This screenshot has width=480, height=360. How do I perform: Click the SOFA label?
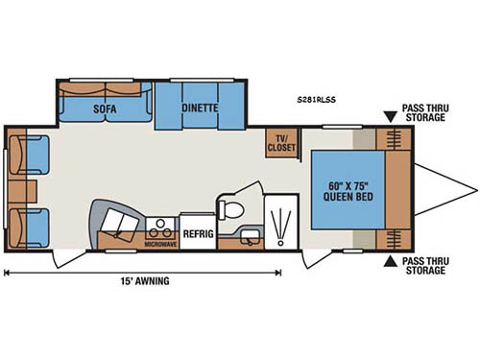click(x=105, y=108)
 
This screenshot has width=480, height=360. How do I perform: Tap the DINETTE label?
click(x=200, y=108)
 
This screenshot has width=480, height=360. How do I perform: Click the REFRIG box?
click(x=197, y=230)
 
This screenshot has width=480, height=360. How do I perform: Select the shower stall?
click(x=280, y=224)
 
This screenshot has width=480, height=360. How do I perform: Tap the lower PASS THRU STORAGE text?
click(x=422, y=267)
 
